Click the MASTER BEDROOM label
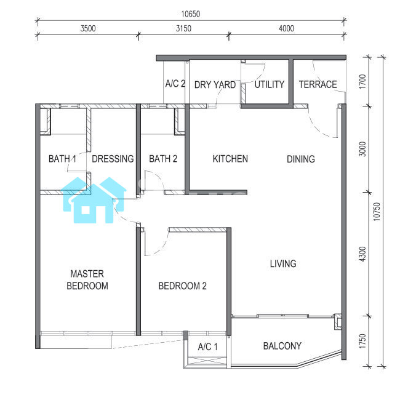[x=87, y=280]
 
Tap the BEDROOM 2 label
[x=182, y=286]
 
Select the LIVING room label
[x=283, y=263]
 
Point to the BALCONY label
[x=282, y=346]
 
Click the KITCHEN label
[x=230, y=159]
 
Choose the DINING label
[x=301, y=159]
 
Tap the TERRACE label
[x=318, y=84]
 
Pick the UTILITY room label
[x=270, y=84]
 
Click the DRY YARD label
[x=215, y=85]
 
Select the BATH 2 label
[x=163, y=159]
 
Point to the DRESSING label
[x=113, y=159]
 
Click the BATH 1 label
[x=62, y=159]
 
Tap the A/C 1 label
[x=207, y=346]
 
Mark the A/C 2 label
[x=175, y=84]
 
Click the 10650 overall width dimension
[x=191, y=14]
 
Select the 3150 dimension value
[x=183, y=28]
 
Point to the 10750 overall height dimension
[x=377, y=212]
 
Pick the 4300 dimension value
[x=362, y=254]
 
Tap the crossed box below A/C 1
[x=207, y=361]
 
